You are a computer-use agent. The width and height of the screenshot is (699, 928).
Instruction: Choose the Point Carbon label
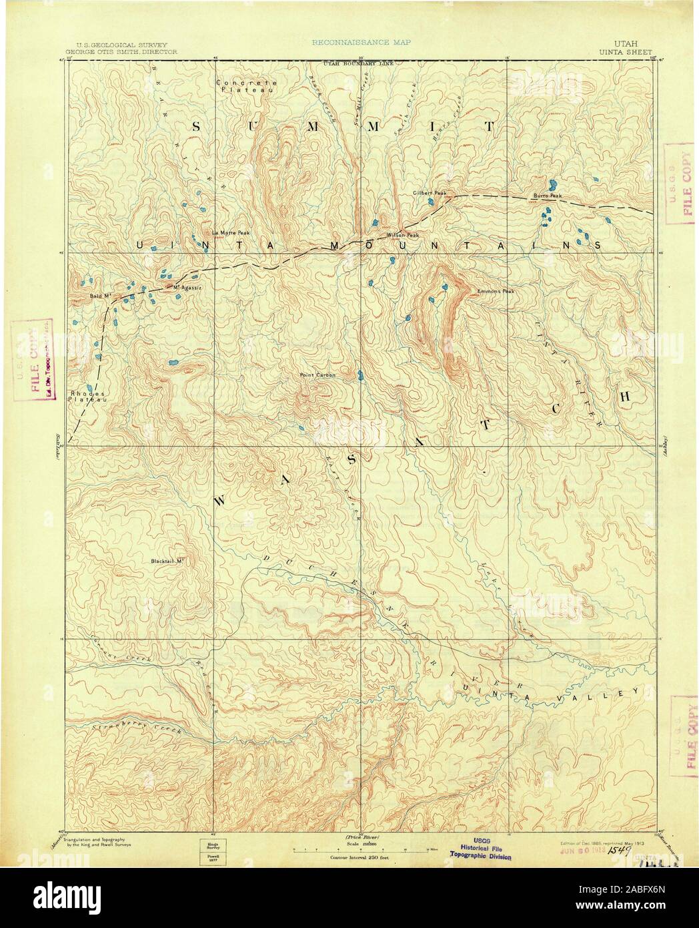click(x=317, y=375)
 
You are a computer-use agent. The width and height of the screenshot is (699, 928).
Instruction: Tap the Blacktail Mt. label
click(x=166, y=561)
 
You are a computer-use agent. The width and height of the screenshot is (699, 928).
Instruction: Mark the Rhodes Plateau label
click(x=83, y=396)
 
